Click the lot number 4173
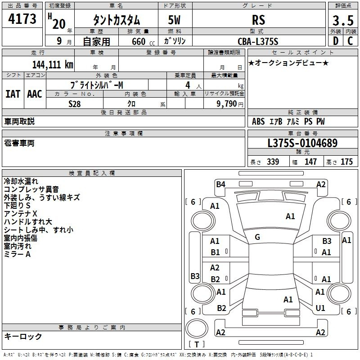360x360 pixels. tap(22, 19)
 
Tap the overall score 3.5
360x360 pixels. tap(342, 20)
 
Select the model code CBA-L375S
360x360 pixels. tap(258, 41)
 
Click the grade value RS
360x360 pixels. tap(259, 20)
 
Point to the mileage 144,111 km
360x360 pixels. tap(52, 65)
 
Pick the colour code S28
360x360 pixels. tap(75, 103)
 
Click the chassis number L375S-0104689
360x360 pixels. tap(302, 144)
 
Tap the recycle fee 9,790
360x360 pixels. tap(228, 103)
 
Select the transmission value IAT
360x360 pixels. tap(13, 94)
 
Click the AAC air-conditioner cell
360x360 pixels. tap(35, 94)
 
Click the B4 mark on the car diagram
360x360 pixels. tap(220, 184)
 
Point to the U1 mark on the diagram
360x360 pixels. tap(320, 308)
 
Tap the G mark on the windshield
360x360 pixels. tap(257, 237)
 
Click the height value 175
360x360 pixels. tap(346, 162)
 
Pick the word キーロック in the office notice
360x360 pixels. tap(23, 336)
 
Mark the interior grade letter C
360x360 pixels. tap(350, 41)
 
